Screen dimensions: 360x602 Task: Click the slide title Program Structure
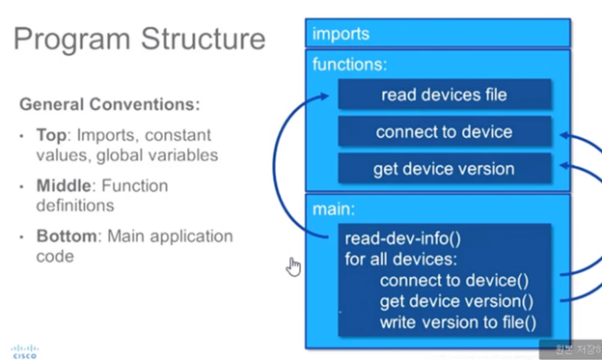139,40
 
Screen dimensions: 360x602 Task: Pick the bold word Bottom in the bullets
64,236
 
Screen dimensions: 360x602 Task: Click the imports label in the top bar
341,35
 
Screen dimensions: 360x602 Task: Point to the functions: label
350,65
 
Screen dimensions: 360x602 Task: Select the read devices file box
444,95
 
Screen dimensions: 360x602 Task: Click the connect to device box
444,132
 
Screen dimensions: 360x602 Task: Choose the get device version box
444,169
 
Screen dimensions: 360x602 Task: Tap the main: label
333,208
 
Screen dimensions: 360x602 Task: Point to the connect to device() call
453,281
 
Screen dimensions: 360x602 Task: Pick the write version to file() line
458,321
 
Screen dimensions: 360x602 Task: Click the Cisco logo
25,349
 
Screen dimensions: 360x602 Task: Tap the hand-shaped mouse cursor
294,266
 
